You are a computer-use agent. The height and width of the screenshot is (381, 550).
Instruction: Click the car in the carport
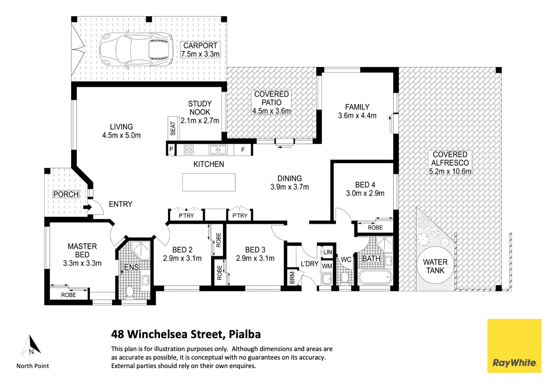click(136, 49)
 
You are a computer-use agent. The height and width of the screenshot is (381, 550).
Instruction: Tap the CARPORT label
click(200, 46)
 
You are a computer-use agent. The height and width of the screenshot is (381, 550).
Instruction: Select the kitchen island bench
click(209, 182)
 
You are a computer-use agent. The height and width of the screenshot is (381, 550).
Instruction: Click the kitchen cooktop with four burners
click(189, 150)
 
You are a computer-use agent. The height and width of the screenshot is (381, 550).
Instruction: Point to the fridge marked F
click(243, 150)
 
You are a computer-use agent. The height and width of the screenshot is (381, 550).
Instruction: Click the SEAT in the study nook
click(173, 128)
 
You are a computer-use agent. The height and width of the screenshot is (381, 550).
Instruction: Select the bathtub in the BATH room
click(374, 277)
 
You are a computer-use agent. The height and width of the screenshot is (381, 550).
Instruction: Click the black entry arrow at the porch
click(87, 207)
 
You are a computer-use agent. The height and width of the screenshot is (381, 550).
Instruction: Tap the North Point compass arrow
click(31, 345)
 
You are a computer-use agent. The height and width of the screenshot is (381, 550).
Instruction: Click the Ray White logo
click(514, 346)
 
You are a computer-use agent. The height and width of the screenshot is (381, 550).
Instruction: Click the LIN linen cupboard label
click(327, 252)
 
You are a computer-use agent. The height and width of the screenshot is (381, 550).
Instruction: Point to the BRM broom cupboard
click(292, 277)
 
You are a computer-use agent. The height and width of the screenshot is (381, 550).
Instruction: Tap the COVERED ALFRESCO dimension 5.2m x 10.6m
click(450, 171)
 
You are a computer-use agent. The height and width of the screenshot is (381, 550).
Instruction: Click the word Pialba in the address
click(245, 335)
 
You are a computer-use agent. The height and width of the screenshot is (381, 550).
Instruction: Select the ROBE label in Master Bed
click(68, 295)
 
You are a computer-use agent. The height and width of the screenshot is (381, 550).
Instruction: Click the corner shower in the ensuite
click(140, 250)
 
